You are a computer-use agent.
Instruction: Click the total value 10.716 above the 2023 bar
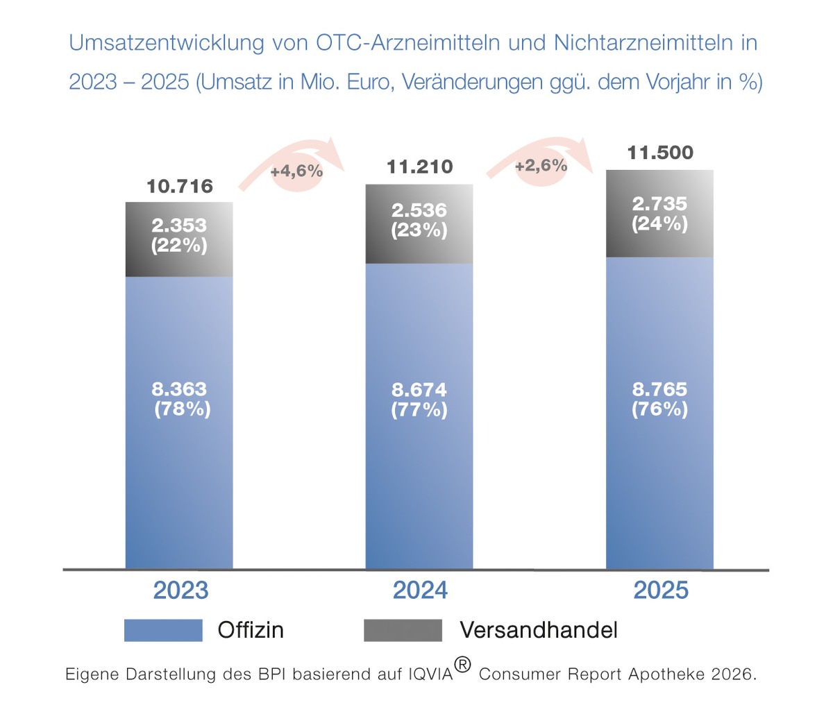click(180, 186)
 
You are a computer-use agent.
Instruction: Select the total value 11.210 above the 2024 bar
click(419, 167)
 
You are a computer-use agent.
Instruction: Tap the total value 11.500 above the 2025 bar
click(660, 153)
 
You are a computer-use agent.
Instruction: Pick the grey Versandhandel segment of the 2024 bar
click(419, 250)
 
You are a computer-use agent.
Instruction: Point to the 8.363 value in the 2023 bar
click(179, 389)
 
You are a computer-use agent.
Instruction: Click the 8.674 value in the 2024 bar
click(419, 390)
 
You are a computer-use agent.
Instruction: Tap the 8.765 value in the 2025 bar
click(659, 389)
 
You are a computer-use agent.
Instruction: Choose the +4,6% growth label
click(296, 171)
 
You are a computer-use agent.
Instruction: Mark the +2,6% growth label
click(541, 165)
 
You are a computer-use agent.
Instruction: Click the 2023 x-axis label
click(180, 590)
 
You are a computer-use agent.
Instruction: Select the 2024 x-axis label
click(420, 590)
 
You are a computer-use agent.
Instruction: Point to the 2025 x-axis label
click(661, 590)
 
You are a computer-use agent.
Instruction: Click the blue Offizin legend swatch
click(163, 630)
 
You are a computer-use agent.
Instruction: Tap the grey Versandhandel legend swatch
click(403, 630)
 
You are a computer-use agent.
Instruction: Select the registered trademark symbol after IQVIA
click(462, 665)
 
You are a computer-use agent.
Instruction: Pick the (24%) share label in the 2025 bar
click(659, 223)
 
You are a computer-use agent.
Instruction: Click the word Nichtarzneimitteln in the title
click(643, 43)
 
